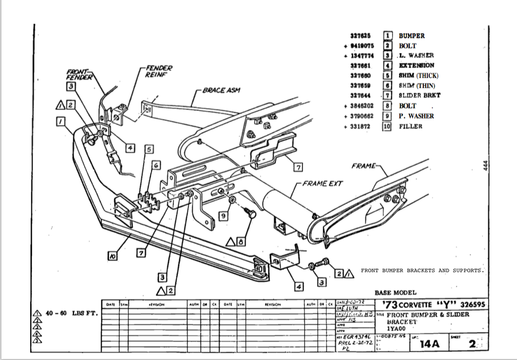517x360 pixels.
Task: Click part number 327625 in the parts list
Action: click(x=360, y=36)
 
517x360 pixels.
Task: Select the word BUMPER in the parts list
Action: click(x=411, y=36)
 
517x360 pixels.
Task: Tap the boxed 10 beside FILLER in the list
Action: click(x=387, y=126)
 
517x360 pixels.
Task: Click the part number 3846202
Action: click(x=361, y=106)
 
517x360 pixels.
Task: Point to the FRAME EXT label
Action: click(x=322, y=184)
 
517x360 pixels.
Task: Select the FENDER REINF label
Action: click(x=158, y=71)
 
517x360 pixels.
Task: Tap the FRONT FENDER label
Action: click(x=79, y=75)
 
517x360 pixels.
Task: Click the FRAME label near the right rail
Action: click(x=363, y=166)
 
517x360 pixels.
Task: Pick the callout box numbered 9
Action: click(x=223, y=215)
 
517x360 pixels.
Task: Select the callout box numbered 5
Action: click(x=149, y=149)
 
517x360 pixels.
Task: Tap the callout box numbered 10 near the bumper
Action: click(x=112, y=257)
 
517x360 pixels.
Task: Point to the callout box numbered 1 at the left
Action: click(x=60, y=121)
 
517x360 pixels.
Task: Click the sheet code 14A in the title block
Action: click(x=429, y=344)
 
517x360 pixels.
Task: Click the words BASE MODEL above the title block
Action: click(x=395, y=293)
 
